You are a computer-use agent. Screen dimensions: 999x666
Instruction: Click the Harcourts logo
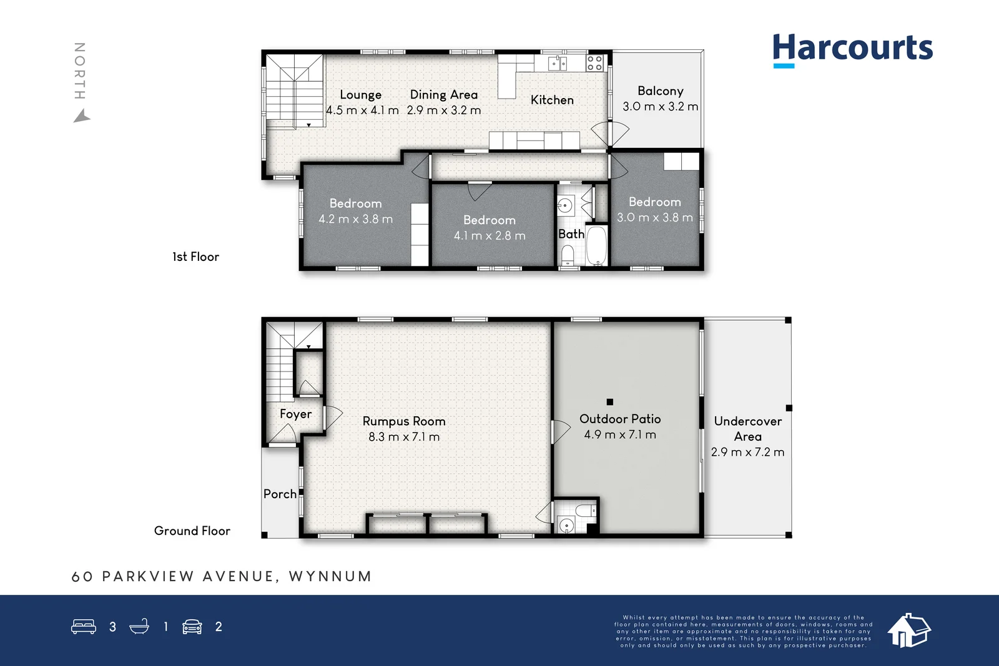click(853, 51)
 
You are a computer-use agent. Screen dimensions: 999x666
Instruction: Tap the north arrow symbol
click(82, 116)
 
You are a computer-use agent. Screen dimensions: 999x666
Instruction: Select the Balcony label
click(661, 91)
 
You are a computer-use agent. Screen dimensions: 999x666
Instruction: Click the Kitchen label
click(552, 100)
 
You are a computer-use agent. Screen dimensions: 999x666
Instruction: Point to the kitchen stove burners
click(595, 63)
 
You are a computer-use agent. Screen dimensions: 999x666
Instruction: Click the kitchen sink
click(558, 63)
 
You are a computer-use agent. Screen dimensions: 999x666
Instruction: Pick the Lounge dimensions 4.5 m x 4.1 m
click(362, 110)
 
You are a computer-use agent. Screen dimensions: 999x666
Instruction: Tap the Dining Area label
click(444, 94)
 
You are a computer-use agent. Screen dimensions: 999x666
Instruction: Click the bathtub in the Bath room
click(597, 246)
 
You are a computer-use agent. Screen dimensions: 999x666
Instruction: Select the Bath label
click(571, 234)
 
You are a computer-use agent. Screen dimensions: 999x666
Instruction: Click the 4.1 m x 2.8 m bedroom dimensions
click(490, 235)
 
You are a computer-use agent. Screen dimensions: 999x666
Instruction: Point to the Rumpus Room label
click(404, 421)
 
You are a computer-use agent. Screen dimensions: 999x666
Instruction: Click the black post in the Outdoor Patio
click(609, 401)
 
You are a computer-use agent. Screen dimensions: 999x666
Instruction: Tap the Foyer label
click(296, 414)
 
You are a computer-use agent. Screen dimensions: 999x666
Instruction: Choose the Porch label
click(280, 494)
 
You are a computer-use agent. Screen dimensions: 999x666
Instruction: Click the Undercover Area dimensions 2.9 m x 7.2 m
click(747, 452)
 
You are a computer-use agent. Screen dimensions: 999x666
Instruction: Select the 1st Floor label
click(196, 257)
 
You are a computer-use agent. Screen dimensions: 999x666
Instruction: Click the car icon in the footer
click(192, 627)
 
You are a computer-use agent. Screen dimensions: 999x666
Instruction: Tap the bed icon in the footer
click(84, 627)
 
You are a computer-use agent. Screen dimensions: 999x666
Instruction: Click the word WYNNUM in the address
click(330, 576)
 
